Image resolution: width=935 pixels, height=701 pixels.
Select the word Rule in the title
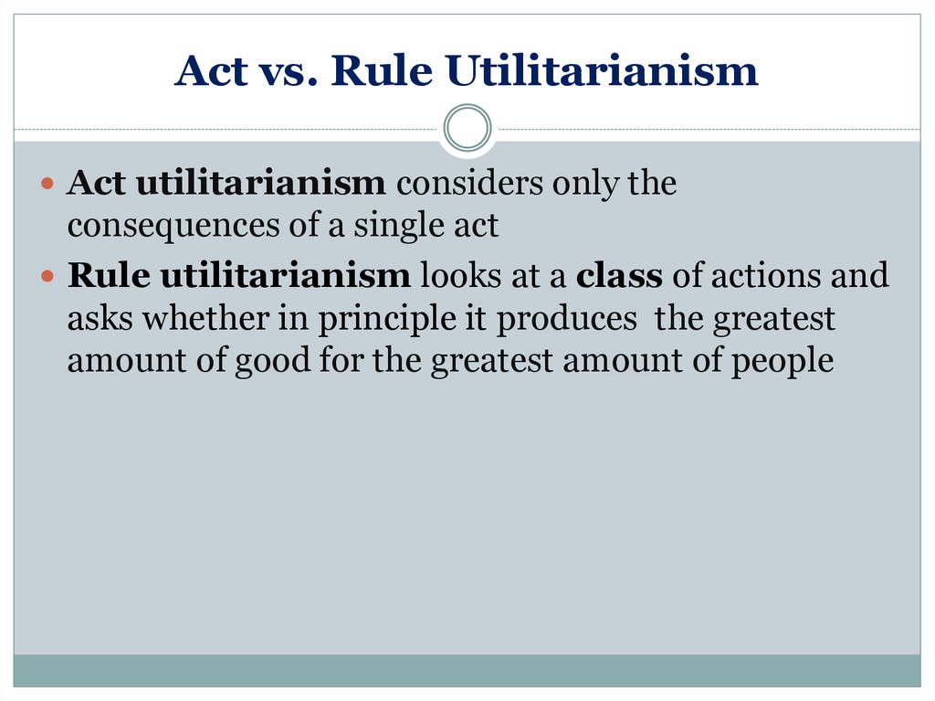(381, 70)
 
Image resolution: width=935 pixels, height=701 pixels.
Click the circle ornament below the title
(467, 128)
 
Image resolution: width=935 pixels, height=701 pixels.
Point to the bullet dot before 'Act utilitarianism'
(47, 183)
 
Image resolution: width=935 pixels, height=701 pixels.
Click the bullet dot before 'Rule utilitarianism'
(47, 276)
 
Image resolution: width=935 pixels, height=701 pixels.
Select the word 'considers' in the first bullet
(470, 183)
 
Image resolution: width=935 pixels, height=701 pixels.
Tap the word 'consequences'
(173, 227)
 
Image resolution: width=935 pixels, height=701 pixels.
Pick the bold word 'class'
(619, 275)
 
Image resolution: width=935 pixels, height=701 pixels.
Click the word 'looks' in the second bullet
(461, 275)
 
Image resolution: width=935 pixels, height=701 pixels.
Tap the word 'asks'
(100, 318)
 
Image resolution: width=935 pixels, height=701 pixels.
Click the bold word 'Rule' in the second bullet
(109, 275)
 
